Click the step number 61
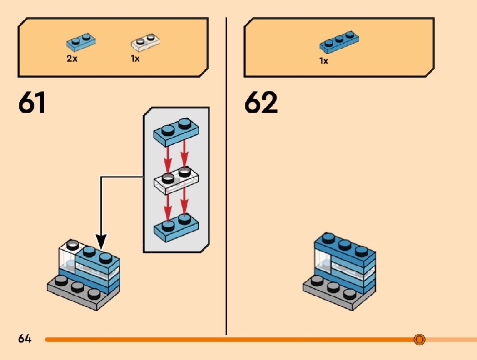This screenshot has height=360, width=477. [32, 104]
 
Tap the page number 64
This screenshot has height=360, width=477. [25, 339]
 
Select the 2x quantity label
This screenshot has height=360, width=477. [72, 59]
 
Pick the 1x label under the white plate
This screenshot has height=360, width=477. [135, 59]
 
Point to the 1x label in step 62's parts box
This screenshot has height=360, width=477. [323, 61]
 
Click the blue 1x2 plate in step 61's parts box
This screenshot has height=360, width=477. [82, 42]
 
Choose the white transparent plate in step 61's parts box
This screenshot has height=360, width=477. [146, 42]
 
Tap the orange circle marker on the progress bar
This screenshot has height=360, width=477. [419, 339]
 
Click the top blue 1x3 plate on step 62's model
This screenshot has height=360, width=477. [345, 249]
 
